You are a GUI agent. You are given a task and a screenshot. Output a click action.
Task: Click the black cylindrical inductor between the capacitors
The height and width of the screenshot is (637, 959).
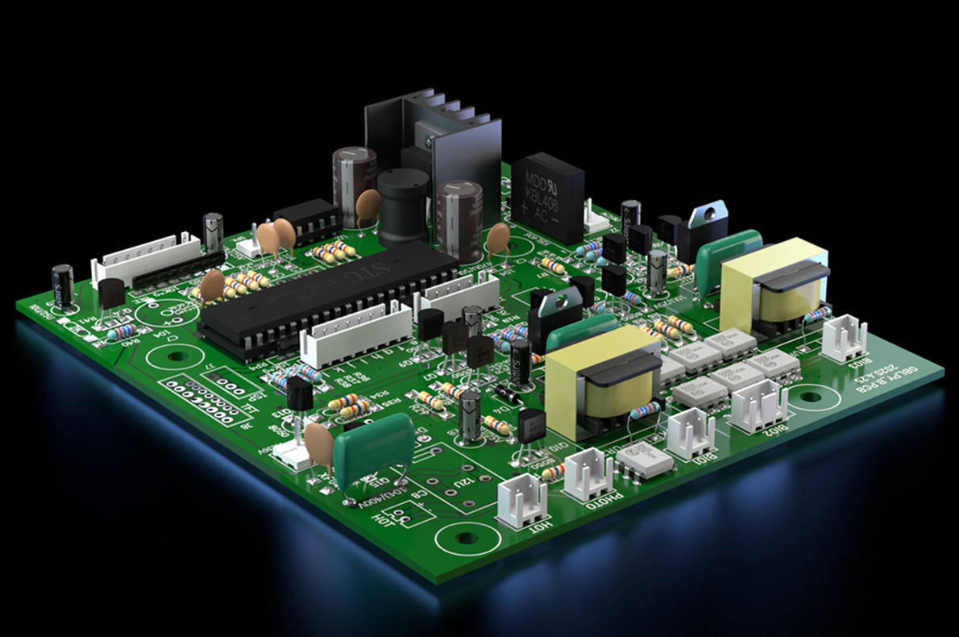tap(403, 206)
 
